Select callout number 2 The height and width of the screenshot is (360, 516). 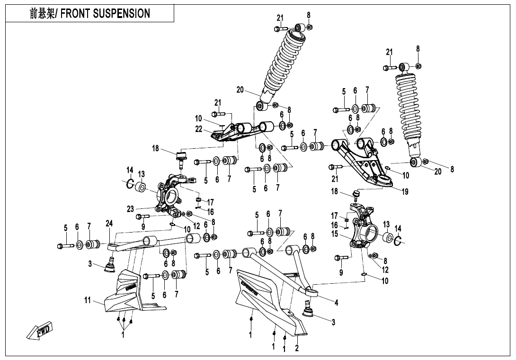297,349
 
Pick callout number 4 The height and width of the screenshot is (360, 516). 336,302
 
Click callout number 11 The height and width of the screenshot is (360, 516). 87,300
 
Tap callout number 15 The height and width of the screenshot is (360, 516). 335,234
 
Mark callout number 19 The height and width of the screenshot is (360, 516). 405,192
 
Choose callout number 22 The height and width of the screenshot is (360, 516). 199,128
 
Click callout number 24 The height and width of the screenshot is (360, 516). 109,224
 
